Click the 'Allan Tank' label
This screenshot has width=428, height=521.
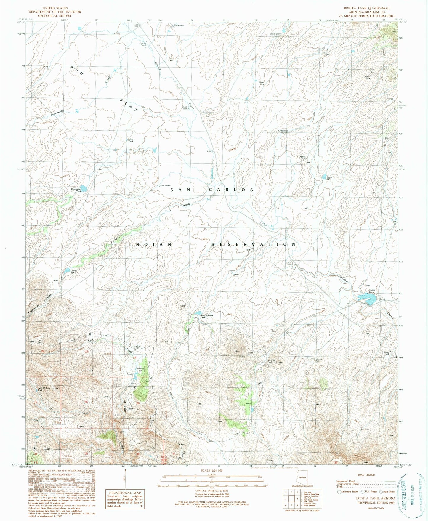click(x=131, y=140)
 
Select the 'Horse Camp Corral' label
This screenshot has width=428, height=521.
click(x=208, y=114)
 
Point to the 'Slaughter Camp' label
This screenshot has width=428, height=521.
click(x=271, y=361)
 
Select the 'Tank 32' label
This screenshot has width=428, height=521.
click(x=329, y=178)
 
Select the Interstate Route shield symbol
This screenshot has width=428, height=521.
click(x=339, y=492)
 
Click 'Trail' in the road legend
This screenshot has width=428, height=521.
click(x=339, y=486)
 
